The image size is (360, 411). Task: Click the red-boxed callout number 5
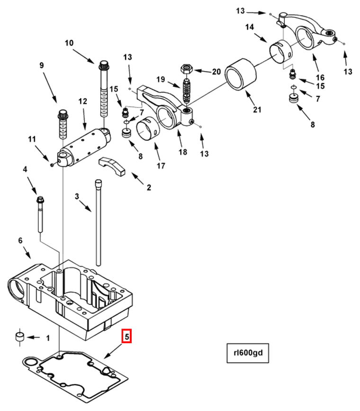point(126,336)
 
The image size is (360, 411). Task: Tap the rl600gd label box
point(248,353)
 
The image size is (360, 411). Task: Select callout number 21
point(257,110)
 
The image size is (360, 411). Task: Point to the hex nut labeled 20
point(187,69)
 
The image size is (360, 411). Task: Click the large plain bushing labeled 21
point(241,74)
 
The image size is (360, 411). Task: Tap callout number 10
point(69,43)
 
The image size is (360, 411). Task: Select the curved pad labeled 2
point(112,166)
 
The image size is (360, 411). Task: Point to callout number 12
point(83,101)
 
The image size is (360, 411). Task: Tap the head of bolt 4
point(41,200)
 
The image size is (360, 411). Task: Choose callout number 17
point(161,165)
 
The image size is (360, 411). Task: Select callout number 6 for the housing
point(20,240)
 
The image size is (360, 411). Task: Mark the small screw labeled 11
point(52,165)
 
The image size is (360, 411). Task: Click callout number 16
point(320,77)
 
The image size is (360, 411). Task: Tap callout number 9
point(42,65)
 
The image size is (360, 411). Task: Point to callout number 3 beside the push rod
point(77,196)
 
